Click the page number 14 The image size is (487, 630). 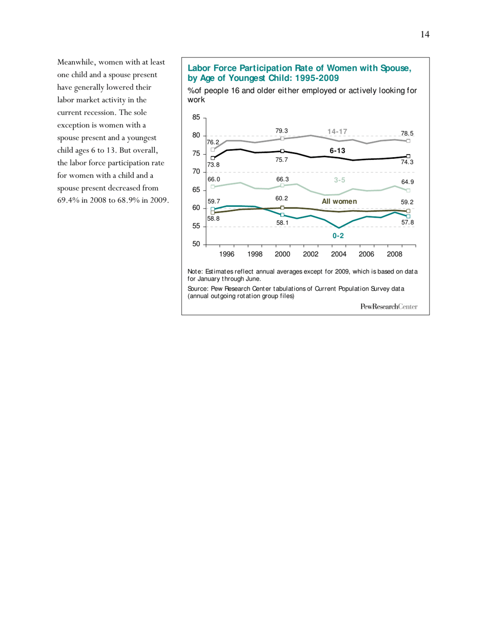point(424,34)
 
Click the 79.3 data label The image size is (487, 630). point(281,131)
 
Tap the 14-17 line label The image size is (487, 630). point(338,132)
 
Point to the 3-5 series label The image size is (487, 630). point(339,180)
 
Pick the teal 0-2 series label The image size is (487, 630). point(338,236)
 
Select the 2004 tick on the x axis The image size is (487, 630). point(339,254)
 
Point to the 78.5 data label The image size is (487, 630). point(407,133)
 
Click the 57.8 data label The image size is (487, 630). point(407,223)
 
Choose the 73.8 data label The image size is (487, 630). point(214,164)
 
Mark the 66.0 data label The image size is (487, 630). point(214,179)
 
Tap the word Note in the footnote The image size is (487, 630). point(195,271)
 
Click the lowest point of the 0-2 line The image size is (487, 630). point(339,228)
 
